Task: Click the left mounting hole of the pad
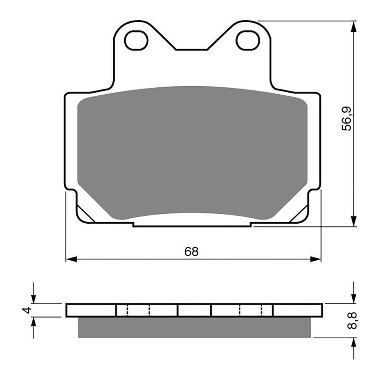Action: (136, 41)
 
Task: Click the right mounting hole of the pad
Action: (247, 41)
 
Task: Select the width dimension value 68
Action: (191, 252)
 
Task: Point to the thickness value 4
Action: (27, 310)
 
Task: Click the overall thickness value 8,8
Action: (352, 321)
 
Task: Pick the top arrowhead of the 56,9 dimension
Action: (353, 27)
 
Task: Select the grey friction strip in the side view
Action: (194, 327)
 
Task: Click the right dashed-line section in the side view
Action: (252, 310)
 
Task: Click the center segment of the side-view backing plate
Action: (194, 310)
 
